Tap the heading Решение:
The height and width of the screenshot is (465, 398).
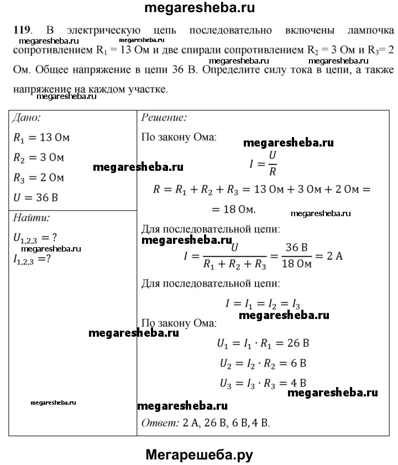point(164,118)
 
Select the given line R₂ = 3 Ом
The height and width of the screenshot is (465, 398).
point(39,158)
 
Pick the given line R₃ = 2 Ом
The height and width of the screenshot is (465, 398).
point(39,178)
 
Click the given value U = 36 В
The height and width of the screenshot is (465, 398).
point(36,197)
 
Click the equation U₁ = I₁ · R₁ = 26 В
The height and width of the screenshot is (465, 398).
point(263,343)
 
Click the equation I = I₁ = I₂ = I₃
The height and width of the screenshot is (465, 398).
point(263,304)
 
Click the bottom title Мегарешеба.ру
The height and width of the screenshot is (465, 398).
point(200,454)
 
